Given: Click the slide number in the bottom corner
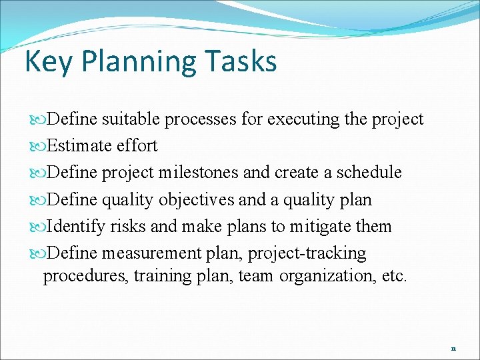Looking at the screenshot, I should click(453, 348).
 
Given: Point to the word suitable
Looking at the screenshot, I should click(131, 119).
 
